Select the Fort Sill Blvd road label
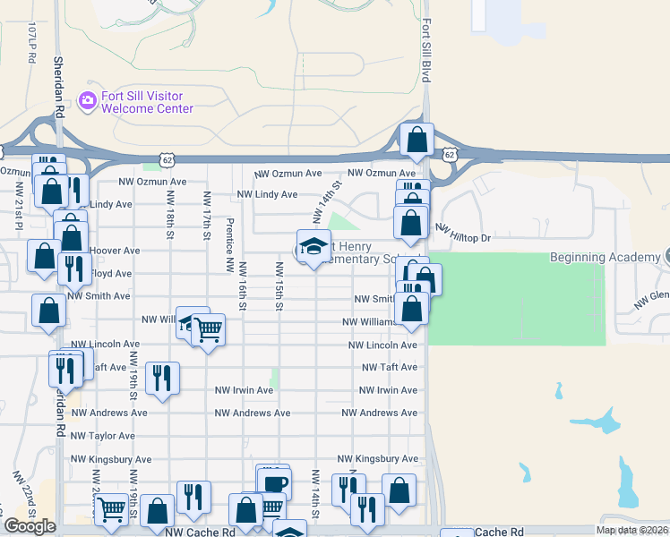click(x=426, y=52)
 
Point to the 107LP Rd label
click(x=31, y=43)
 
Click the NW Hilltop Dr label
click(x=463, y=234)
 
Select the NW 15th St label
click(x=279, y=286)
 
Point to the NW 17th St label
click(x=207, y=216)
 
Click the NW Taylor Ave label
click(x=103, y=436)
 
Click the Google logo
click(x=30, y=526)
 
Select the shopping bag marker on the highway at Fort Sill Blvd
click(x=417, y=140)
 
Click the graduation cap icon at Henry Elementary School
click(x=314, y=247)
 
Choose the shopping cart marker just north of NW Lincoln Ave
click(x=208, y=330)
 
